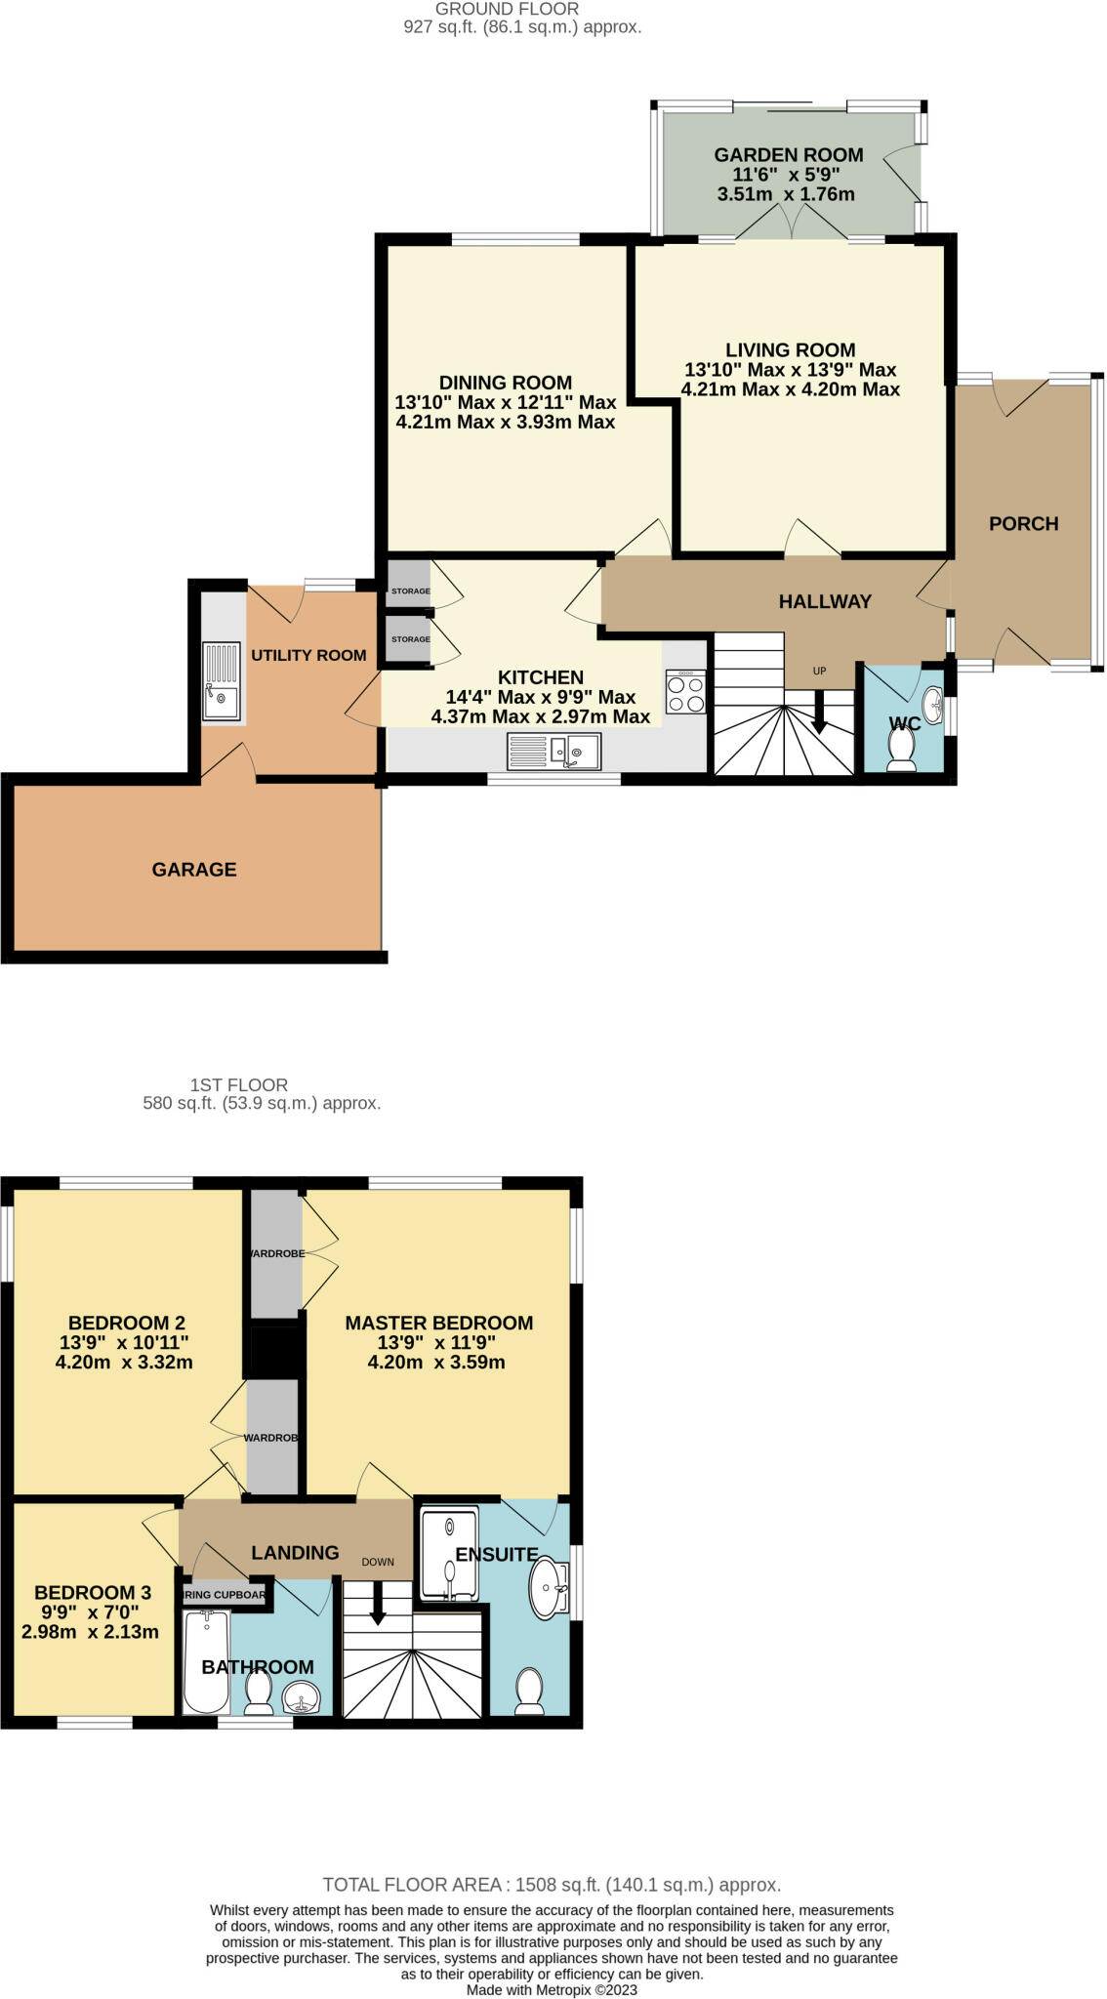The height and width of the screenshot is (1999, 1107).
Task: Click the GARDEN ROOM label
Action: [x=788, y=155]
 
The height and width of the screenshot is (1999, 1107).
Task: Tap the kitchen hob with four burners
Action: [x=685, y=692]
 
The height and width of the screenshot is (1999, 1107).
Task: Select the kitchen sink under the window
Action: [x=554, y=752]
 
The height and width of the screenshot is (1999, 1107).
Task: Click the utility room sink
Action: [x=222, y=681]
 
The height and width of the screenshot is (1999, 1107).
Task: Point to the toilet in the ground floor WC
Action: [x=901, y=750]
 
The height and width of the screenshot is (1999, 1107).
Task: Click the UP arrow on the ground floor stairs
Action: [x=819, y=713]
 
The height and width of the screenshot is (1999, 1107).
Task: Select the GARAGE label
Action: [x=194, y=870]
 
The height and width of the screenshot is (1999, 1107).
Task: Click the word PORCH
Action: [x=1023, y=524]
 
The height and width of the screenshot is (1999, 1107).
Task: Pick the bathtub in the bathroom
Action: [x=206, y=1662]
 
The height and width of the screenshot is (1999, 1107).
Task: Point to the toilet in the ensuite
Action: [x=529, y=1690]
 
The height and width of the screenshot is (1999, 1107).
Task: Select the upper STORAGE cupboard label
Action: [x=410, y=592]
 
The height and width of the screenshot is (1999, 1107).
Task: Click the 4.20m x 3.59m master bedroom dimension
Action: [x=436, y=1363]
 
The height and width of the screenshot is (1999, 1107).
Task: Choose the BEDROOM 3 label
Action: [x=92, y=1592]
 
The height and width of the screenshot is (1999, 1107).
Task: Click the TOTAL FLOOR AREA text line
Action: [x=552, y=1885]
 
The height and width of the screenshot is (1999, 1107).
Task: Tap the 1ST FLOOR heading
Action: [x=238, y=1084]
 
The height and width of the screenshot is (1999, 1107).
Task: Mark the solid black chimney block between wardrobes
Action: [x=274, y=1352]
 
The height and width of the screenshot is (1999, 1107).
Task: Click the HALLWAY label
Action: [x=825, y=602]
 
